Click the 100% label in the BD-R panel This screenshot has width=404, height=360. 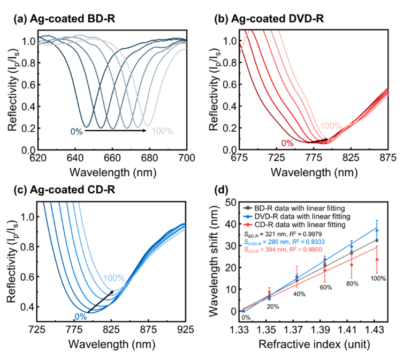pyautogui.click(x=163, y=131)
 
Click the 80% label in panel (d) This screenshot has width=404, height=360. pyautogui.click(x=352, y=283)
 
